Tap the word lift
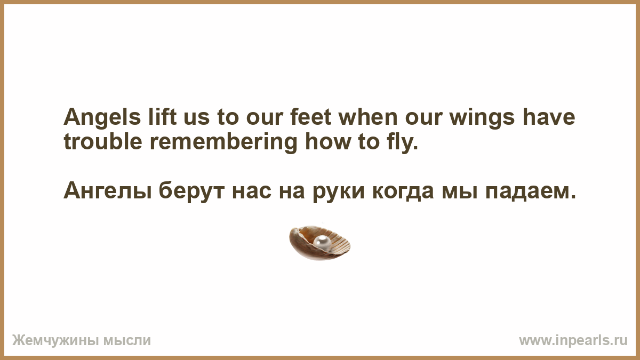[x=162, y=117]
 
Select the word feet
[x=310, y=117]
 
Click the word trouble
[x=103, y=141]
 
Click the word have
[x=549, y=117]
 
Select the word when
[x=368, y=117]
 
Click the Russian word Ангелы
[x=107, y=191]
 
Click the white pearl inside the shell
[x=322, y=243]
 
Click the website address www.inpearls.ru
[x=573, y=341]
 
